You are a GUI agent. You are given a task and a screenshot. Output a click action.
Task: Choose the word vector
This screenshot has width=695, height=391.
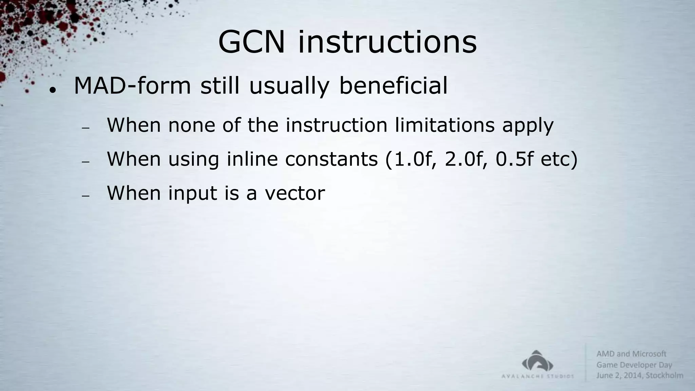pyautogui.click(x=295, y=193)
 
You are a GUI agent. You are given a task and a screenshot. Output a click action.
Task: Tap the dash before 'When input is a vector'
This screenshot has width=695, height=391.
pyautogui.click(x=86, y=196)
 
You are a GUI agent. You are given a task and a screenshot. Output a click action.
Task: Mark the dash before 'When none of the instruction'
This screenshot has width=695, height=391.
pyautogui.click(x=86, y=128)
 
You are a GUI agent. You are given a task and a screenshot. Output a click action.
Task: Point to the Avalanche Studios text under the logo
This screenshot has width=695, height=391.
pyautogui.click(x=538, y=376)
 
